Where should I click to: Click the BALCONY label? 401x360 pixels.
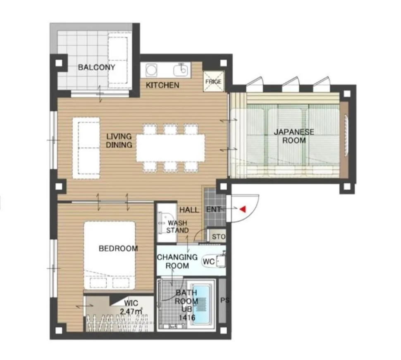(96, 67)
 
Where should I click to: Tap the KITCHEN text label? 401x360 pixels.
(162, 85)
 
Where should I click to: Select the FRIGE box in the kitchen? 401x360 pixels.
(213, 81)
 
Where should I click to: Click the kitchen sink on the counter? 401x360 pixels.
(181, 70)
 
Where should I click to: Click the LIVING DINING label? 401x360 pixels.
(119, 141)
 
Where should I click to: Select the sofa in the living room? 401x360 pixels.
(86, 148)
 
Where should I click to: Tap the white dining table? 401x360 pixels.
(170, 148)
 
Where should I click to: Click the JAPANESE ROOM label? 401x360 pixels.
(294, 136)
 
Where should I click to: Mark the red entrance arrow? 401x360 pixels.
(243, 210)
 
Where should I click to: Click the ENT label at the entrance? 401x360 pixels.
(213, 210)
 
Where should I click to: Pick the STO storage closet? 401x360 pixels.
(218, 237)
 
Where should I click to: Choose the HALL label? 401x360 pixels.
(189, 210)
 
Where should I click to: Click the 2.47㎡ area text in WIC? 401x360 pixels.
(131, 311)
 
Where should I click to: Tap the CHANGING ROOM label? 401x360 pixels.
(177, 261)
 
